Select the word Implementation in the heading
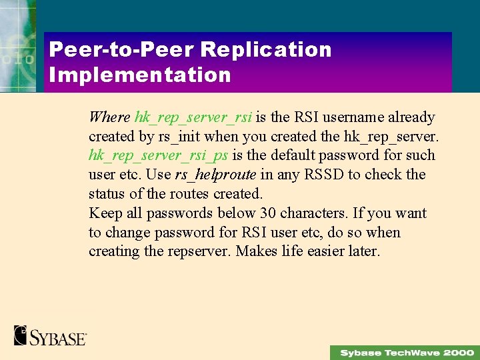(x=140, y=75)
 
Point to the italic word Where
(x=109, y=117)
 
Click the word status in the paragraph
(x=107, y=194)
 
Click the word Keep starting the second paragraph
(x=104, y=213)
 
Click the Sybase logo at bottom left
(x=50, y=335)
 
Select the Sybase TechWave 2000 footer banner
(x=405, y=352)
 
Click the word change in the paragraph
(x=129, y=233)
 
